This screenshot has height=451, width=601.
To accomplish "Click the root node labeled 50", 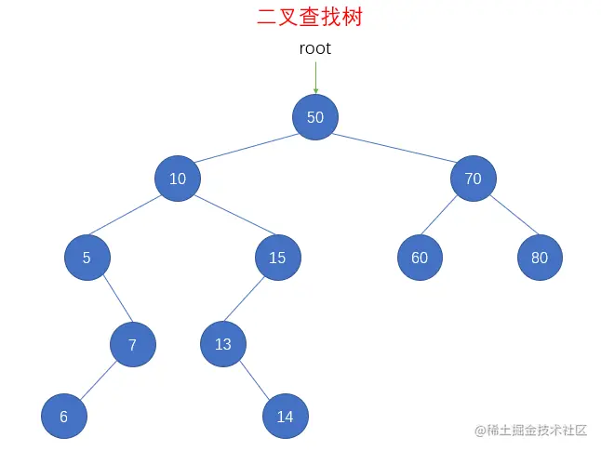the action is (x=315, y=117).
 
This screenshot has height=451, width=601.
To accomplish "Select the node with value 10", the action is (x=178, y=179).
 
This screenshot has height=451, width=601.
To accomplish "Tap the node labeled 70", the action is (x=474, y=179).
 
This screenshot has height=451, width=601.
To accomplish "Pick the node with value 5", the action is (x=87, y=258).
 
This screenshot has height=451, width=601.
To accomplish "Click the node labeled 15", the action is (x=277, y=258).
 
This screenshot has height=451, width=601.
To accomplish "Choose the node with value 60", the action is (x=420, y=258).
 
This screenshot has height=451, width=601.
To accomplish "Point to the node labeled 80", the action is (x=540, y=258).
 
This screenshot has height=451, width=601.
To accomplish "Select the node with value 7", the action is (x=132, y=345).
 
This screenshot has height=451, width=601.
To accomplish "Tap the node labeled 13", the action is (x=223, y=344).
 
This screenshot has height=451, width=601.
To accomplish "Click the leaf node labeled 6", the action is (x=64, y=417).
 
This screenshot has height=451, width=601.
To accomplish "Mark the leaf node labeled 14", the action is (x=285, y=417).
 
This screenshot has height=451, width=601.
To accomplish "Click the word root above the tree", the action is (x=314, y=48).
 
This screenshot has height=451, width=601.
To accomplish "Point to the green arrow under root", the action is (x=315, y=76).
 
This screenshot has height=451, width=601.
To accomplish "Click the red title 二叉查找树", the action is (x=309, y=17).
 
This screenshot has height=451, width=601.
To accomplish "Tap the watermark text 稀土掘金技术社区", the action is (x=537, y=431).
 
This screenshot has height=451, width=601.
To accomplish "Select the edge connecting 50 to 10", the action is (x=247, y=148).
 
